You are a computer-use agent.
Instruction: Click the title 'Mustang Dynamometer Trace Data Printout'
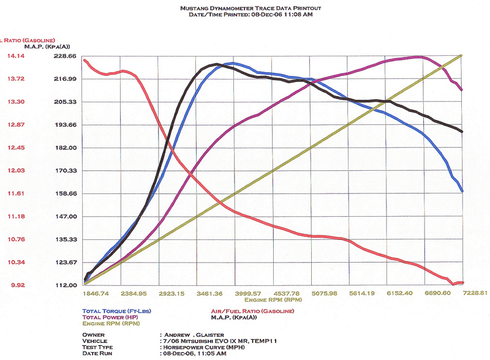point(251,8)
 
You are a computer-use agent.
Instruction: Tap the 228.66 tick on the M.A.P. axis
point(65,56)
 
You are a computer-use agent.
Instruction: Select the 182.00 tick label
point(65,148)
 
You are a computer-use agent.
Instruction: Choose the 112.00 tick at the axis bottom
point(65,285)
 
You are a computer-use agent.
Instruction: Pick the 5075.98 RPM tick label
point(325,293)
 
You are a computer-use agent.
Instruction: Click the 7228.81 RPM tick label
point(475,293)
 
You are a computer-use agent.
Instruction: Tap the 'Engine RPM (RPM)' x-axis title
point(273,300)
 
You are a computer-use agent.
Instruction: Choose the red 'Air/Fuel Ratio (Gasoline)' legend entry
point(252,312)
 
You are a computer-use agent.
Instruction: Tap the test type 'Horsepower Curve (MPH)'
point(200,347)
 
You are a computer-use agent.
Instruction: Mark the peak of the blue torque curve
point(232,62)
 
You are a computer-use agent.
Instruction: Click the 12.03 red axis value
point(16,170)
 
